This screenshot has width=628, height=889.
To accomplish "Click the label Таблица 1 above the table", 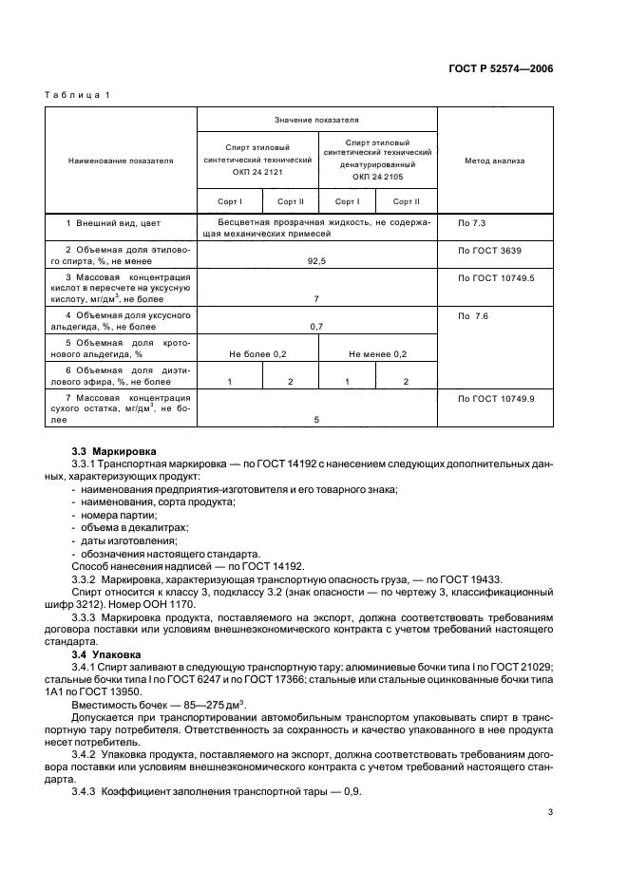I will coord(78,95).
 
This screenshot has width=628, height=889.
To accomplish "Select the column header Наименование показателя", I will coord(121,161).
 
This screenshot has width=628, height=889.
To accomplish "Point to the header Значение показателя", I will coord(316,121).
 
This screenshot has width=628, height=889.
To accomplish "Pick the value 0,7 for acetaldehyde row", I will coord(316,326).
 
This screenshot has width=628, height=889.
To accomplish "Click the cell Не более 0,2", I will coord(257,354).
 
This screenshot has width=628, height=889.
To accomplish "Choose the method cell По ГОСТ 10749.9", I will coord(496,399).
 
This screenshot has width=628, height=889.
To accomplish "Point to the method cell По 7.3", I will coord(472,223).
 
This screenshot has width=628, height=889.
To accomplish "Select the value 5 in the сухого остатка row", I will coord(316,419).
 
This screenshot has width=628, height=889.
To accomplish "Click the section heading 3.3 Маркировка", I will coord(115,450).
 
